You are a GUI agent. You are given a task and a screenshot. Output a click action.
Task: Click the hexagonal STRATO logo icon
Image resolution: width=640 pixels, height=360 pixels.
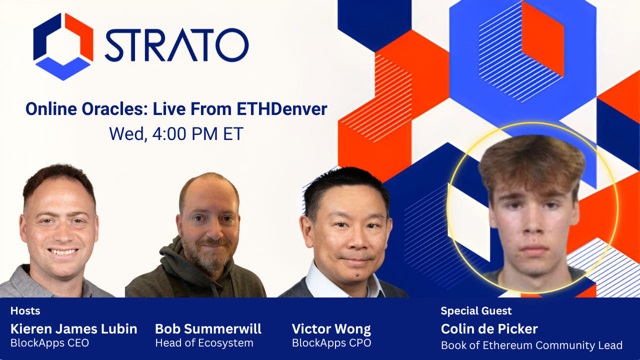pyautogui.click(x=63, y=46)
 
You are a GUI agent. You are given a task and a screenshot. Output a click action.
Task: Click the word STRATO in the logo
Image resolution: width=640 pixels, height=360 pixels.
pyautogui.click(x=176, y=45)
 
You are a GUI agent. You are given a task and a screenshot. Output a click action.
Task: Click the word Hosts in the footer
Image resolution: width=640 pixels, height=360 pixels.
pyautogui.click(x=25, y=311)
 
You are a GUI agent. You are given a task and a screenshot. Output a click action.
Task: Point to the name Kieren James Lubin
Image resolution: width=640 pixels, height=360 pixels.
pyautogui.click(x=73, y=329)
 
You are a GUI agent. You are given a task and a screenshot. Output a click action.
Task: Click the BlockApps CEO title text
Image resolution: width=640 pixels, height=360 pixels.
pyautogui.click(x=49, y=343)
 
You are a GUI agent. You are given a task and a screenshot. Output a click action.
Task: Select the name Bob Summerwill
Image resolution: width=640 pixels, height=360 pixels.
pyautogui.click(x=208, y=329)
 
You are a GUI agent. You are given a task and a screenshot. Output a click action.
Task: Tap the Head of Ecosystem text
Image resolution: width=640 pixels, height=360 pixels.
pyautogui.click(x=204, y=343)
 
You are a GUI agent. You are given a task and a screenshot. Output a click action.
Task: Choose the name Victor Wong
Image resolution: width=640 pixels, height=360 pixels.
pyautogui.click(x=331, y=329)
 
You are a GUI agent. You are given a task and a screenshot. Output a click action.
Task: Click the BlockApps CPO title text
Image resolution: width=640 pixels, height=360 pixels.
pyautogui.click(x=331, y=343)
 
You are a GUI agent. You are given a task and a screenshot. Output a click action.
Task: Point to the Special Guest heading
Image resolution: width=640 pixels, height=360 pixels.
pyautogui.click(x=476, y=311)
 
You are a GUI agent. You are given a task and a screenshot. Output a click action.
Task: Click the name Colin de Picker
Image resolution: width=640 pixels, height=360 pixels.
pyautogui.click(x=489, y=329)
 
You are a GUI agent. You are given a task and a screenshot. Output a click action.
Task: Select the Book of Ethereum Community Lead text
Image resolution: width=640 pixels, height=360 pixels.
pyautogui.click(x=531, y=345)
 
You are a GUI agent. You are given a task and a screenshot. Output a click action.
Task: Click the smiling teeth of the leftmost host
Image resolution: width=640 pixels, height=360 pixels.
pyautogui.click(x=63, y=252)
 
